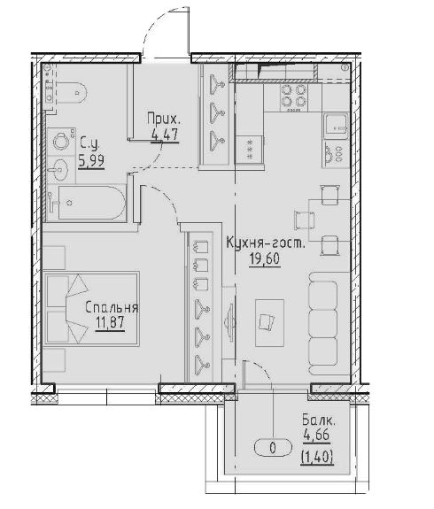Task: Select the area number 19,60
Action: click(x=265, y=258)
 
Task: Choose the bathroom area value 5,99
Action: click(x=90, y=161)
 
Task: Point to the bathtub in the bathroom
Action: click(x=89, y=204)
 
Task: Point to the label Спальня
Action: click(x=112, y=308)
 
